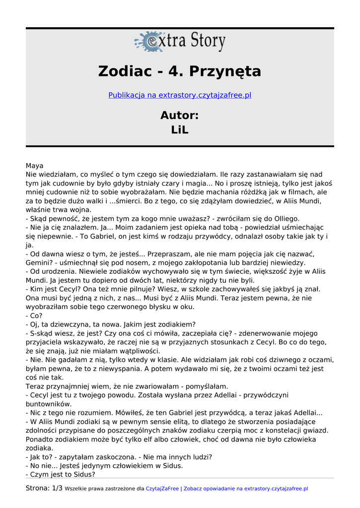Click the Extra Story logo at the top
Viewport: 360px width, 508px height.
(x=180, y=41)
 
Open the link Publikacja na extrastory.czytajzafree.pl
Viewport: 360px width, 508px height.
(x=180, y=95)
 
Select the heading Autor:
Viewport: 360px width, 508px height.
(x=180, y=116)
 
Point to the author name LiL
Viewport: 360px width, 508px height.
(x=180, y=130)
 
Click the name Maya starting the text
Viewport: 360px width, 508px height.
(x=34, y=166)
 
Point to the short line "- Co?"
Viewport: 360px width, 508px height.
(x=34, y=316)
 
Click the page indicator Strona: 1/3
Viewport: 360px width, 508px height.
(x=44, y=488)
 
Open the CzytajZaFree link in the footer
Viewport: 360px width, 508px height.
(x=162, y=489)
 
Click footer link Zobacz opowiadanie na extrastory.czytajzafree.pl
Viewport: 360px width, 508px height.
(x=246, y=489)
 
